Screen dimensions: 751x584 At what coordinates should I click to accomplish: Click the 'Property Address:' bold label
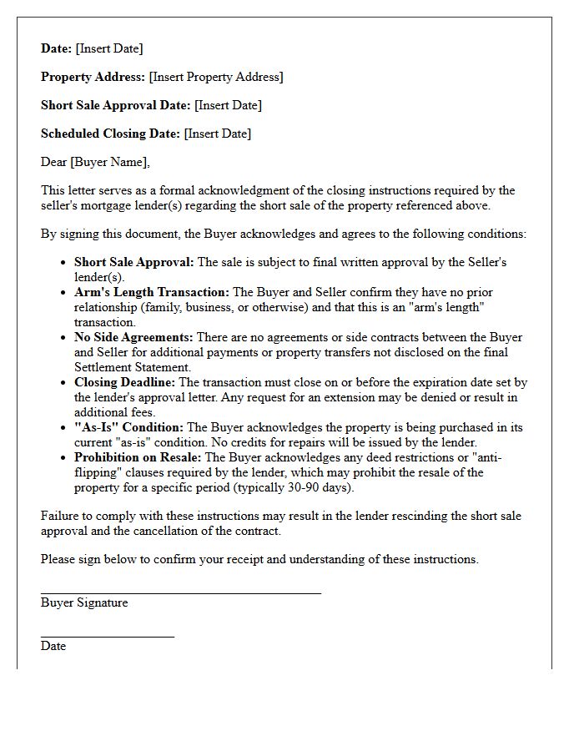(x=93, y=77)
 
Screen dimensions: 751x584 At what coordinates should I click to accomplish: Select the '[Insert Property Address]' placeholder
(x=216, y=77)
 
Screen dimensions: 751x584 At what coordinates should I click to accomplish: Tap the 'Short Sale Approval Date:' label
(x=116, y=105)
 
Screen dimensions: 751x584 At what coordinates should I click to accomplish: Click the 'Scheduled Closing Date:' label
(x=110, y=134)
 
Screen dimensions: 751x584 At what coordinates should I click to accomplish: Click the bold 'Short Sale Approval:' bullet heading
(x=133, y=262)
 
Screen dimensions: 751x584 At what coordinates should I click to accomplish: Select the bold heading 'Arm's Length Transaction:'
(x=152, y=292)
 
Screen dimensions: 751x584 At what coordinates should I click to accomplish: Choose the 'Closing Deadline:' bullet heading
(x=125, y=382)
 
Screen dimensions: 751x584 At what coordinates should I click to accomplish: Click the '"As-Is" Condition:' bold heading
(x=129, y=427)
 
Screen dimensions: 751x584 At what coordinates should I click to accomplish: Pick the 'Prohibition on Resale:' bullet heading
(x=138, y=457)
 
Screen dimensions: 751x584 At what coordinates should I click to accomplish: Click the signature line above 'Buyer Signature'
(x=180, y=593)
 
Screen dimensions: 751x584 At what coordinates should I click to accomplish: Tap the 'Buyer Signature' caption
(x=84, y=602)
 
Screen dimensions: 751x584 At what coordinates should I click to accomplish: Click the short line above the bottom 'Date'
(x=107, y=637)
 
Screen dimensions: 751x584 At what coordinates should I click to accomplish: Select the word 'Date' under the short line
(x=53, y=646)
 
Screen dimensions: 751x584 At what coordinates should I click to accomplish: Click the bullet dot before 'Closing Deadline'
(x=63, y=383)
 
